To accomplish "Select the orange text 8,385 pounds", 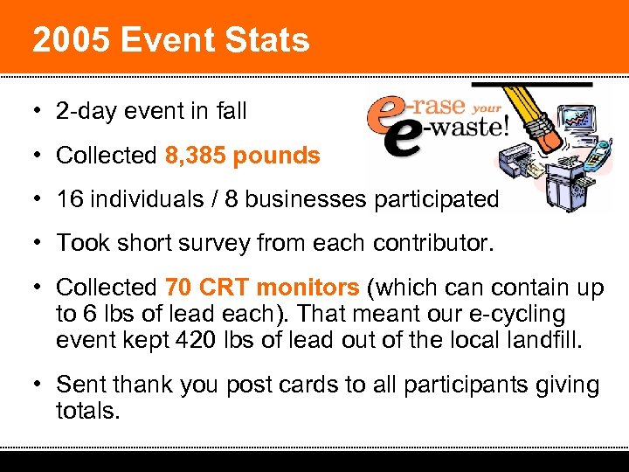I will click(x=242, y=156).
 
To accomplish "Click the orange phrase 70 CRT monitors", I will click(x=262, y=287).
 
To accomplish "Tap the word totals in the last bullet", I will click(x=86, y=410).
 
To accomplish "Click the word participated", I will click(x=436, y=199).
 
